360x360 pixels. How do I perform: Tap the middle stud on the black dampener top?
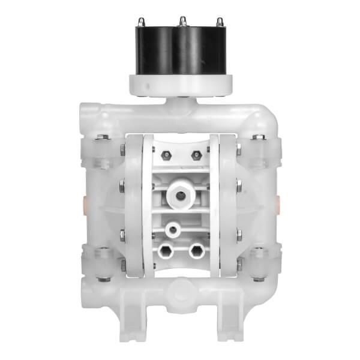tap(181, 22)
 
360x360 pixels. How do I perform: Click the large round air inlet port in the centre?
tap(179, 194)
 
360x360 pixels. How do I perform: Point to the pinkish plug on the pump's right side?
tap(278, 200)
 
